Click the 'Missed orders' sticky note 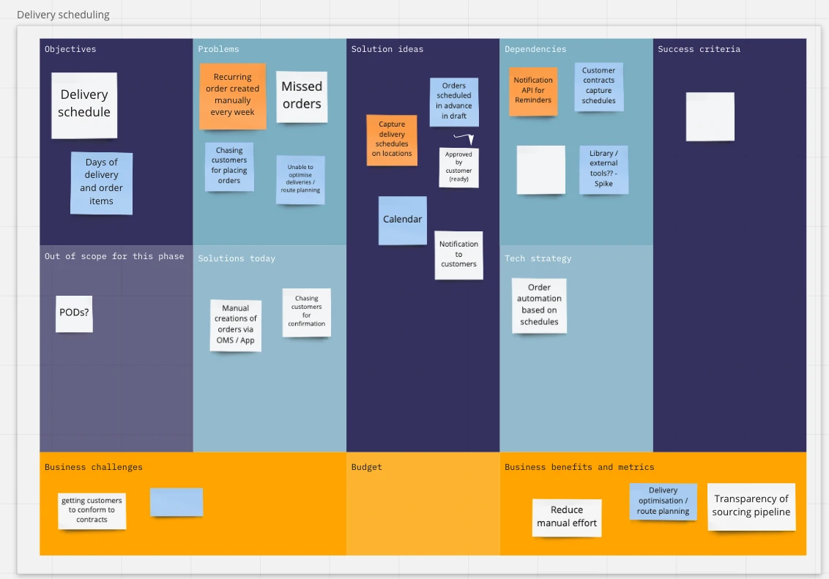coord(302,96)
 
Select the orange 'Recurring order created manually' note coord(232,95)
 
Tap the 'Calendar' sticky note coord(403,220)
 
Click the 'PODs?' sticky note coord(74,313)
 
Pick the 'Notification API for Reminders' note coord(533,91)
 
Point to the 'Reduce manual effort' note coord(567,517)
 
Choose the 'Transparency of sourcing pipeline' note coord(751,506)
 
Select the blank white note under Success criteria coord(710,116)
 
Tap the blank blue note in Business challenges coord(176,502)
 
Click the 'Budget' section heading coord(367,467)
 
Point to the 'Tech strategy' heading coord(538,258)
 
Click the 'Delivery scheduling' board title coord(63,15)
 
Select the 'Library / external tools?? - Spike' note coord(603,169)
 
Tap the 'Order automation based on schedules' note coord(539,305)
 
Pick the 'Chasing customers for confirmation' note coord(307,312)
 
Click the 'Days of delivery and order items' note coord(101,182)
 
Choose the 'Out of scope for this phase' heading coord(114,256)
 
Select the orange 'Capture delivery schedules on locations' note coord(392,139)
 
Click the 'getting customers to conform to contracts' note coord(92,510)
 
